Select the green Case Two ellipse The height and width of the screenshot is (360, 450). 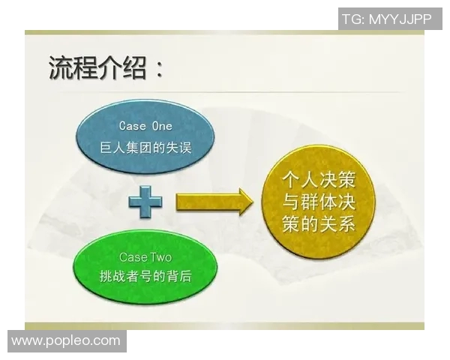click(x=145, y=265)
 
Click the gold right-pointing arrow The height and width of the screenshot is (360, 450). click(x=214, y=202)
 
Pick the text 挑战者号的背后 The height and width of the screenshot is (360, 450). click(x=145, y=277)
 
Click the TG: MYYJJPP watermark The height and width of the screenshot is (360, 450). click(x=386, y=19)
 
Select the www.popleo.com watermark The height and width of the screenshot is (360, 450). click(x=66, y=341)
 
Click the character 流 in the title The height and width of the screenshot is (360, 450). click(x=61, y=69)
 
